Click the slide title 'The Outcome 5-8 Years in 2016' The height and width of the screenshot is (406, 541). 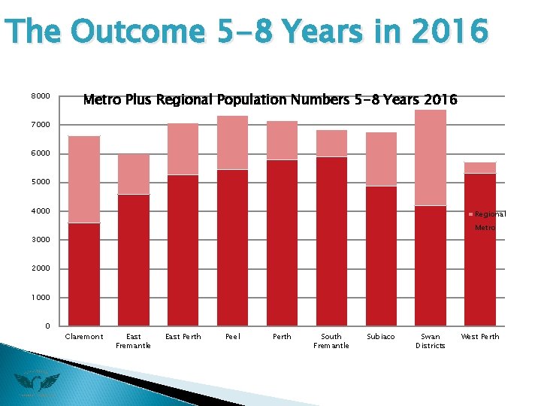tap(246, 32)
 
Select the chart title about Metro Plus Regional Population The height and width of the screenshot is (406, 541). tap(270, 99)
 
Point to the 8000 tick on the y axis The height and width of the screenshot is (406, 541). tap(41, 96)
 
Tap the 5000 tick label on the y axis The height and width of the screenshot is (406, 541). tap(41, 182)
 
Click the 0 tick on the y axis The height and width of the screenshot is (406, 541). tap(47, 326)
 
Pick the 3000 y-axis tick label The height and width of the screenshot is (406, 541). tap(41, 240)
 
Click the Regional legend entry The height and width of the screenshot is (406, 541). tap(489, 214)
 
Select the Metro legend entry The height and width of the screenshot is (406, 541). tap(485, 227)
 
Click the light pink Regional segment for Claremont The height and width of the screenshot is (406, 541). tap(84, 179)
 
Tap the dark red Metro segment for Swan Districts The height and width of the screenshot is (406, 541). tap(431, 265)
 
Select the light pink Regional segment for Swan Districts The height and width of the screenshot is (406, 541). tap(431, 157)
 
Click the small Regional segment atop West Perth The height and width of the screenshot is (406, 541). tap(480, 168)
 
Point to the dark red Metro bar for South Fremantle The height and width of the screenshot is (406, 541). tap(331, 241)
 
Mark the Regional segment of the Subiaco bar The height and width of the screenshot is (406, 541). tap(381, 159)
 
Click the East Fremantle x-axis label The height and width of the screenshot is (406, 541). tap(134, 341)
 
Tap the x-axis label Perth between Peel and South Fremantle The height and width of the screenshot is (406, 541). tap(282, 337)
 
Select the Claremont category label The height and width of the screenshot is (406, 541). tap(84, 337)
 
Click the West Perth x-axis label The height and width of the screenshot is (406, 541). tap(480, 337)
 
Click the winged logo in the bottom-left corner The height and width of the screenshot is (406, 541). tap(36, 383)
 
